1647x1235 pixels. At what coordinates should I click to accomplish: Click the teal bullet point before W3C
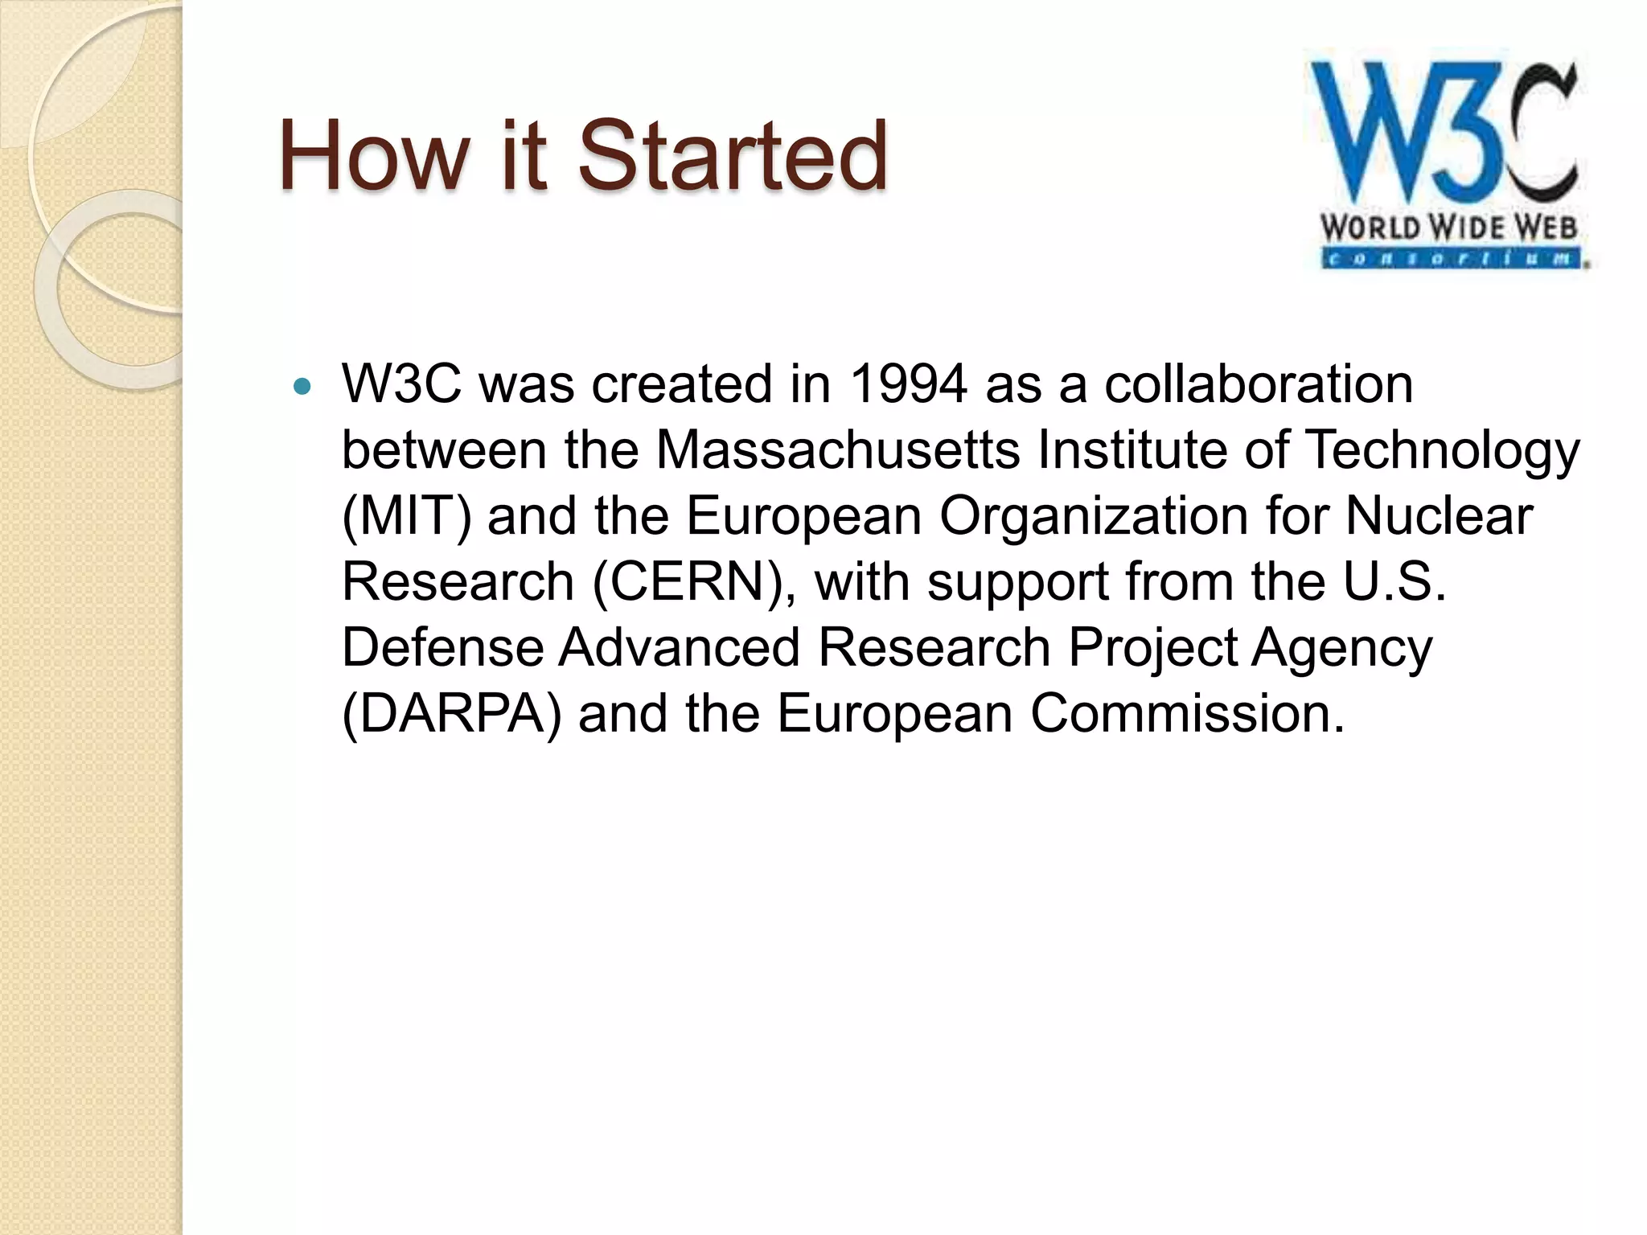(x=302, y=387)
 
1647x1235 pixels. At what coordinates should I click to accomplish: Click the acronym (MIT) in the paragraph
(x=406, y=515)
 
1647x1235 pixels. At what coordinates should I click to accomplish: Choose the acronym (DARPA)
(x=451, y=713)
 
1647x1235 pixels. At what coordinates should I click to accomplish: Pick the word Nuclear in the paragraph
(x=1439, y=515)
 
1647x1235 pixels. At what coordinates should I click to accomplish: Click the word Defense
(x=443, y=647)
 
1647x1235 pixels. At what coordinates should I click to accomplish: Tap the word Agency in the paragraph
(x=1341, y=649)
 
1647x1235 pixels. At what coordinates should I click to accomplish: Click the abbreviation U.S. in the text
(x=1394, y=581)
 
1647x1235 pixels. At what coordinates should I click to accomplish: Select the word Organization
(x=1094, y=517)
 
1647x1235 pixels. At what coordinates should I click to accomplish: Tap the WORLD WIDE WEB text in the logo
(x=1448, y=228)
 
